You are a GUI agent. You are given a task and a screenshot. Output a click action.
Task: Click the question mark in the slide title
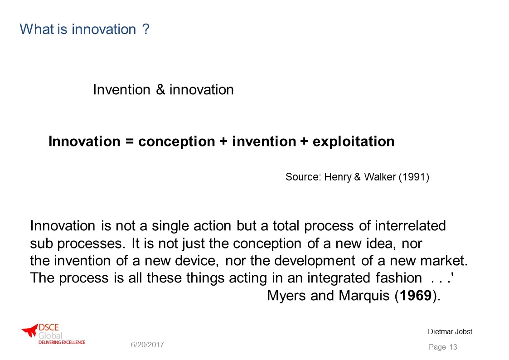coord(146,29)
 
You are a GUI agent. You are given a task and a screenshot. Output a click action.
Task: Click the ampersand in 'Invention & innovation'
coord(160,90)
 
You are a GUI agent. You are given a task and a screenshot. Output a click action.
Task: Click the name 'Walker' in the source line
coord(380,177)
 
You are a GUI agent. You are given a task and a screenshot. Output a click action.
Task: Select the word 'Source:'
coord(303,177)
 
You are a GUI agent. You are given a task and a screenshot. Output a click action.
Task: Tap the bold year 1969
coord(416,296)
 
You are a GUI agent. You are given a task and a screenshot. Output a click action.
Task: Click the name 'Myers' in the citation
coord(286,296)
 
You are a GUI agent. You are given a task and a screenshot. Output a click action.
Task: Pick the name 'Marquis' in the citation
coord(364,296)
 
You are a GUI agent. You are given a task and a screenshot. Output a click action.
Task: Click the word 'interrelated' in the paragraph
coord(410,226)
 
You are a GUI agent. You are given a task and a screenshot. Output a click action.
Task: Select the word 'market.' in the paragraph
coord(444,261)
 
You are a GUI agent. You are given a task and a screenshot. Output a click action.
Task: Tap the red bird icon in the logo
coord(30,331)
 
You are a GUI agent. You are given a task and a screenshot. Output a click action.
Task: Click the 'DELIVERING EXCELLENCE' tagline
coord(62,342)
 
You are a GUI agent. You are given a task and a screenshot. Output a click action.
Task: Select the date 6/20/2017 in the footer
coord(147,345)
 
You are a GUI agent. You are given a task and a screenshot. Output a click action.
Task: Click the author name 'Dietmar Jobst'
coord(450,332)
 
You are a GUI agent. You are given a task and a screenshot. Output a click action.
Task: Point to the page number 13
coord(454,347)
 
